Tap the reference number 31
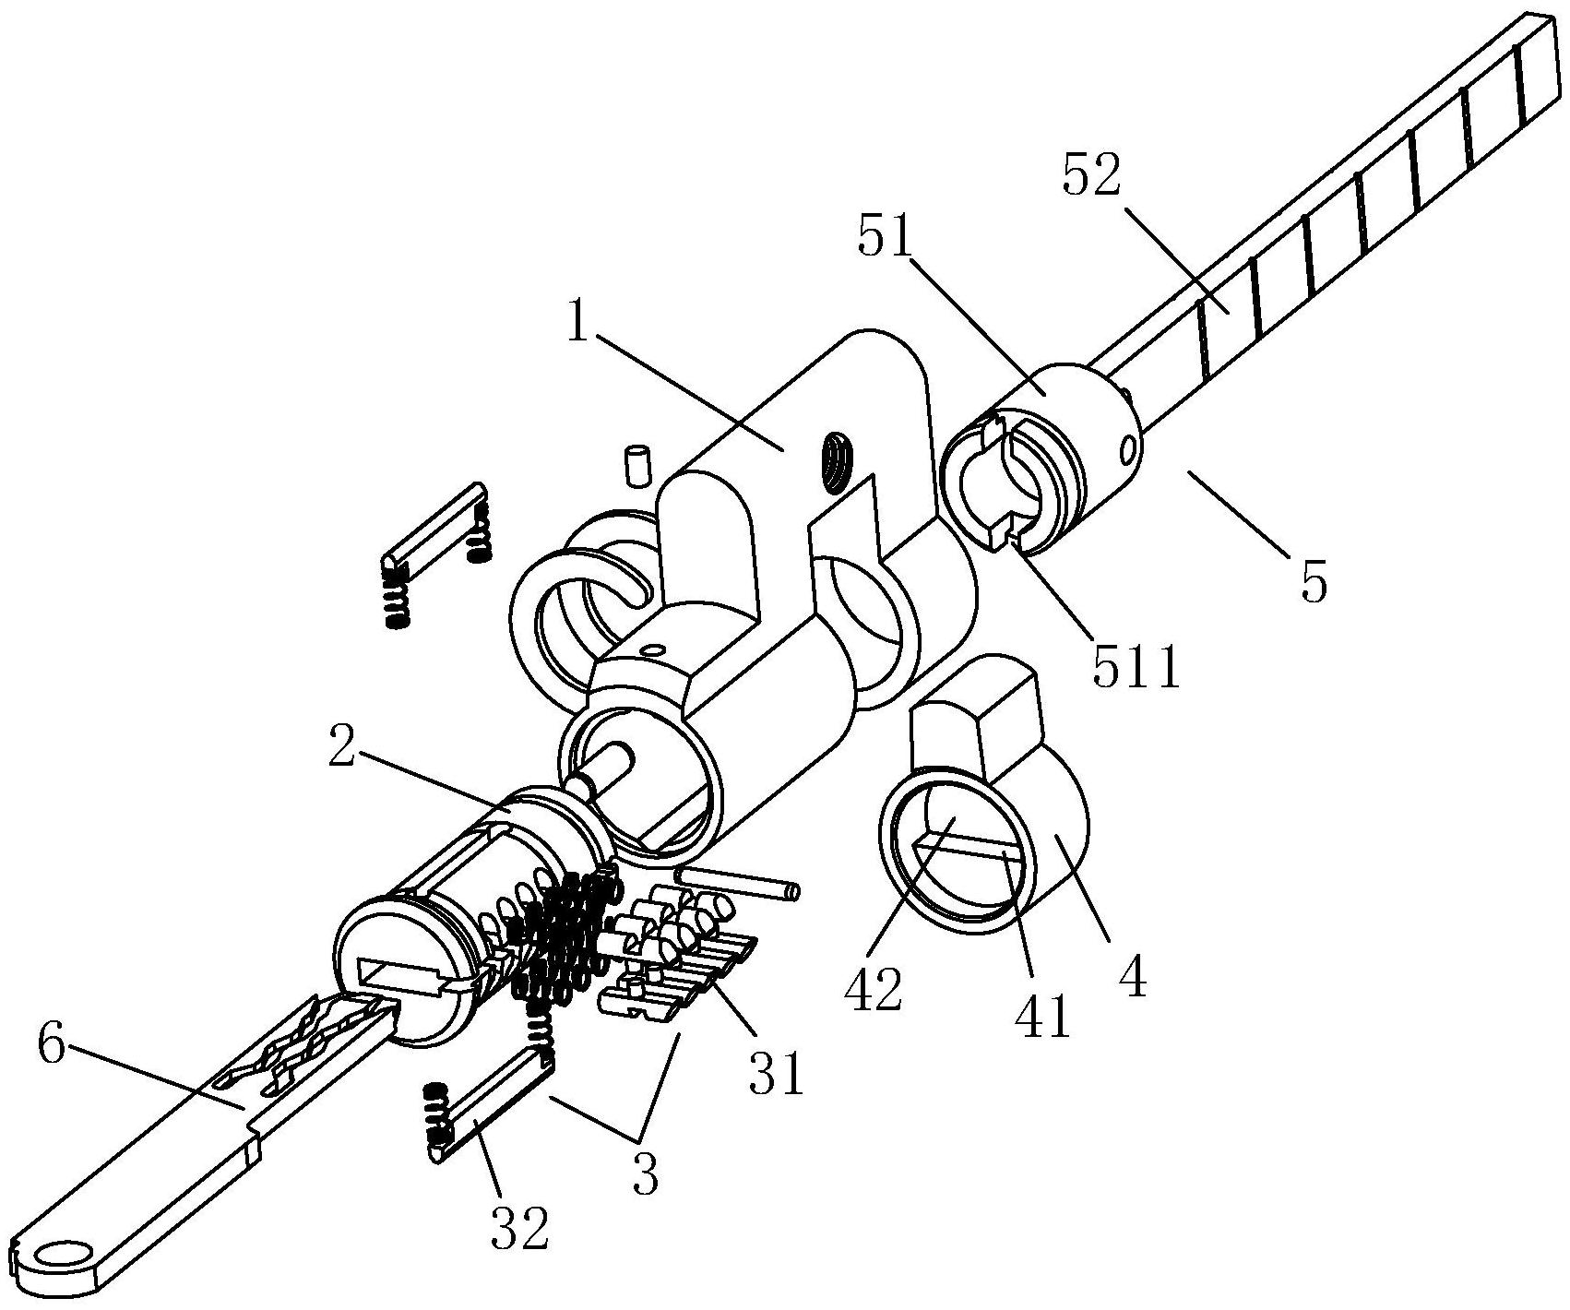(776, 1072)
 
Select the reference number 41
(1042, 1017)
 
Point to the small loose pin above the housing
(638, 465)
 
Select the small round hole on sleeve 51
(1129, 449)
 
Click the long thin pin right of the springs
(738, 880)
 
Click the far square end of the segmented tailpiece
(1540, 65)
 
